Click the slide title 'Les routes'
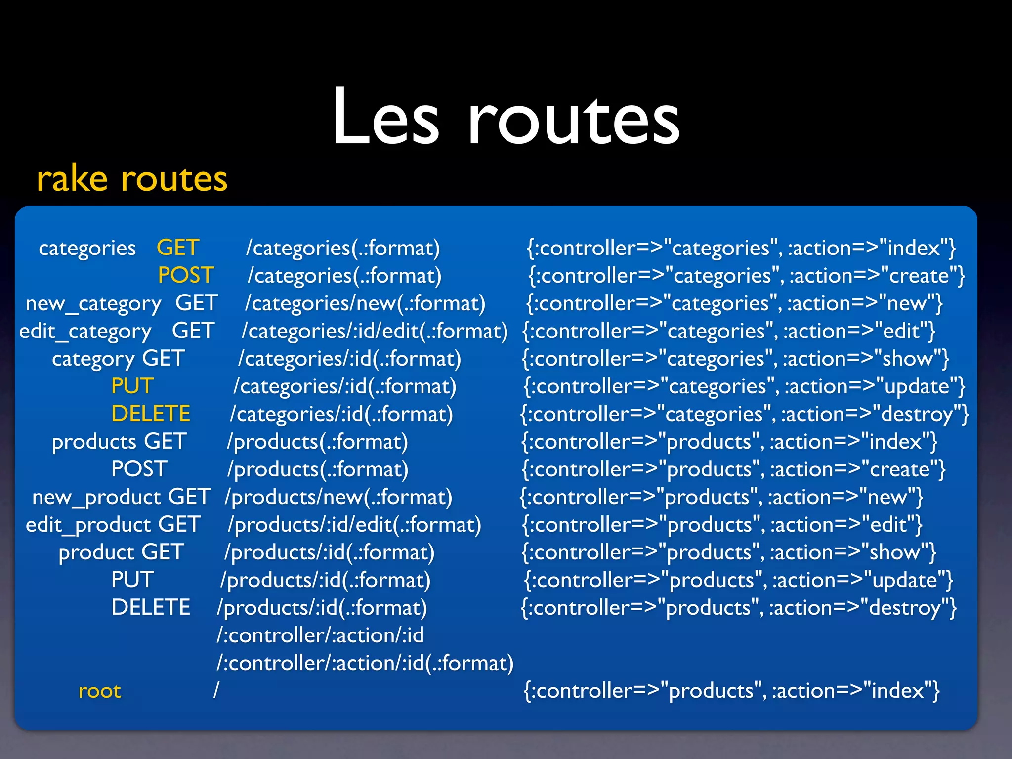506,118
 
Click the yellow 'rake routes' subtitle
132,179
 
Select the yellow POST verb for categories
186,275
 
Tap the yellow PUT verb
132,386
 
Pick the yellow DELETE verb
151,414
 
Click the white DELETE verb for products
151,607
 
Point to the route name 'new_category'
93,303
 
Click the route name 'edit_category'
85,331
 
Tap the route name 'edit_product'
88,525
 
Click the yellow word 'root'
100,691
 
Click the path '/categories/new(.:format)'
365,303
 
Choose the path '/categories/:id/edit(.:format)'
375,331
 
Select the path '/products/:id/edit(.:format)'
354,525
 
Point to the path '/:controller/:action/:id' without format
320,635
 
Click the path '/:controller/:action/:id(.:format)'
365,663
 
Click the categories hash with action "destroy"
744,414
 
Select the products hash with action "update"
738,580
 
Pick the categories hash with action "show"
735,359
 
